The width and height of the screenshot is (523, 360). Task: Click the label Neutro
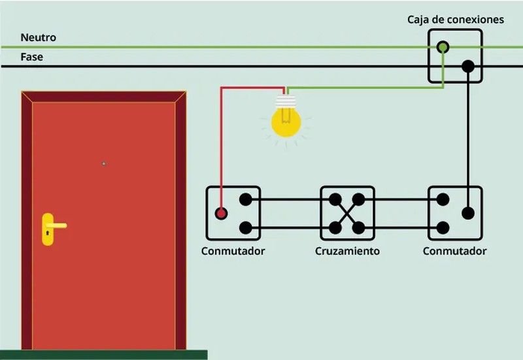38,38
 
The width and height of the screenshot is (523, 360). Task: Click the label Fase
31,57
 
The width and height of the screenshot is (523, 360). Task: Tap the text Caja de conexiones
456,20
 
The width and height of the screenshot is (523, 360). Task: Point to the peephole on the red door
104,163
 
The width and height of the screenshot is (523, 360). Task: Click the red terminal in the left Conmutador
222,213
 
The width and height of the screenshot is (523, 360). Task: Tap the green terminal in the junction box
443,47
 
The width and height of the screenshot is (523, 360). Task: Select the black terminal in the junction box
467,66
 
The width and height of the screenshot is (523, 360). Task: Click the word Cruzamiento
347,252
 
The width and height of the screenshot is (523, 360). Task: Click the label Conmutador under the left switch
233,252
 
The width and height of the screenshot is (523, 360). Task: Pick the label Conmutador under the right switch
454,252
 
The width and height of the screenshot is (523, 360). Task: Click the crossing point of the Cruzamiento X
347,213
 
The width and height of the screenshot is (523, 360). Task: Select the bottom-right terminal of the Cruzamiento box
359,227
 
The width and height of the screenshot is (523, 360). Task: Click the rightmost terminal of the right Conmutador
467,213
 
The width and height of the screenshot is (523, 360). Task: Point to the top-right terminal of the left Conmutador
246,199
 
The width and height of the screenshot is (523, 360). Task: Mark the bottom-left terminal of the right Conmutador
443,227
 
